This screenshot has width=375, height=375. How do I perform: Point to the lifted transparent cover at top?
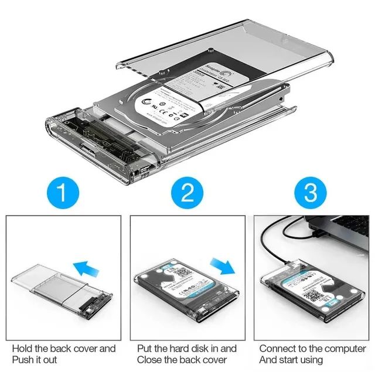[x=234, y=47]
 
